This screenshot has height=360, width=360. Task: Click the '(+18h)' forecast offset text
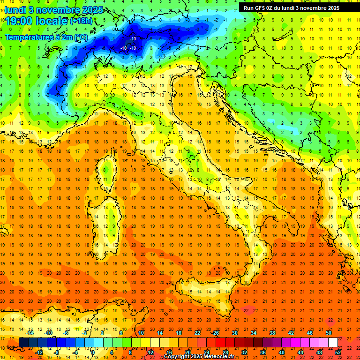(x=81, y=22)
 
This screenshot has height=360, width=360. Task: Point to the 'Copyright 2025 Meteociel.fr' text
(x=199, y=357)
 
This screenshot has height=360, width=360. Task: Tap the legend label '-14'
(x=30, y=333)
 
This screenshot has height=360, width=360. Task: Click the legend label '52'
(x=338, y=352)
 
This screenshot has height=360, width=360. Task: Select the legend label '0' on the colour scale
(x=93, y=352)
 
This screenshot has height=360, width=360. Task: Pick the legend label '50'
(x=329, y=333)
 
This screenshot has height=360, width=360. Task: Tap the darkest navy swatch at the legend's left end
(x=23, y=343)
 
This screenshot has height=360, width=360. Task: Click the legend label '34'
(x=254, y=333)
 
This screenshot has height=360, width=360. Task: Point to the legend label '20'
(x=187, y=352)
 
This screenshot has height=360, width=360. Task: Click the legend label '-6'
(x=66, y=333)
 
